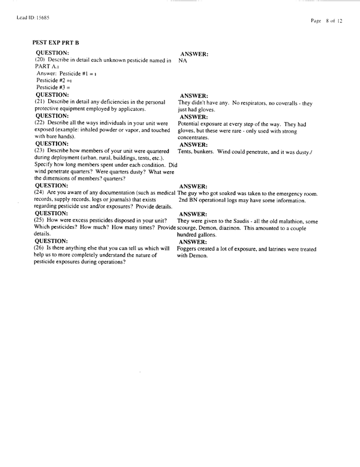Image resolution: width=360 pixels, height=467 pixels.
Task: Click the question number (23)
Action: [x=41, y=152]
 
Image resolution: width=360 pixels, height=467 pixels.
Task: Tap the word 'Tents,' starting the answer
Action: [x=185, y=152]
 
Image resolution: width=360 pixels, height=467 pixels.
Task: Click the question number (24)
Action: [x=41, y=193]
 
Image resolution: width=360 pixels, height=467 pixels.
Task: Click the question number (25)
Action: [x=41, y=221]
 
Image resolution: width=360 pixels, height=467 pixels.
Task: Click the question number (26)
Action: [x=41, y=248]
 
